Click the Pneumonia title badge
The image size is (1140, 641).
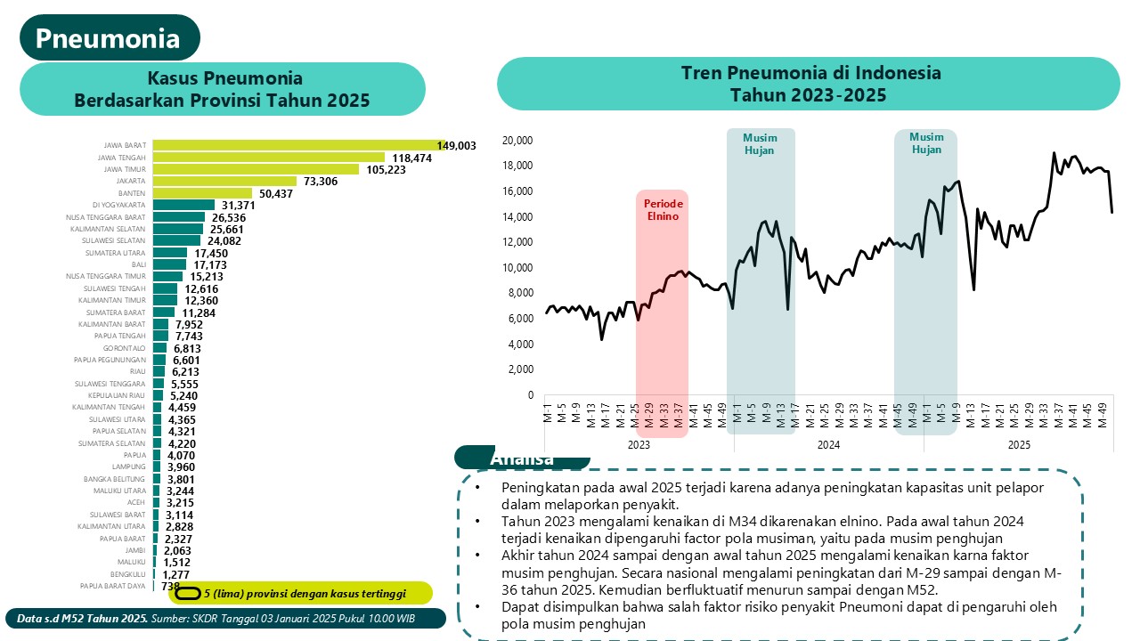[x=109, y=38]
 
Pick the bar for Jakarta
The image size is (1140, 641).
[x=224, y=181]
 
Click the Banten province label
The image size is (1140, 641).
[x=132, y=193]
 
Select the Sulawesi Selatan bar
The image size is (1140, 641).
[x=176, y=240]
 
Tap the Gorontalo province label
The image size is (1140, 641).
[x=125, y=349]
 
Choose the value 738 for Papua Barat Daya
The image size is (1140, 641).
[x=170, y=587]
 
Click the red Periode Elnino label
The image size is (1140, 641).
[x=662, y=209]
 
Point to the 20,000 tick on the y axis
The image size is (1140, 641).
[x=517, y=141]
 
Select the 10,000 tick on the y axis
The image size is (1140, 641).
[x=517, y=268]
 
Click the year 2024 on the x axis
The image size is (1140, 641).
[x=828, y=443]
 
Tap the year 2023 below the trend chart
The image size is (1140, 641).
[x=639, y=443]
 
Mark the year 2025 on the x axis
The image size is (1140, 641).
[x=1019, y=443]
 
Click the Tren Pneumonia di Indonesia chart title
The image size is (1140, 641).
[x=809, y=84]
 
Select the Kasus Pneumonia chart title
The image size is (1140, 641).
[x=223, y=89]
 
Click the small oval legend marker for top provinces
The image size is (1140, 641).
[x=189, y=593]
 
